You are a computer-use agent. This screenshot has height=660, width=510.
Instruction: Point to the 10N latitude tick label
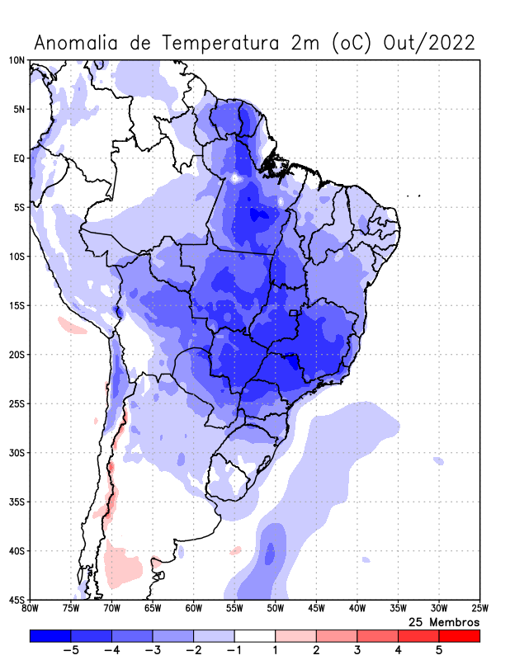17,60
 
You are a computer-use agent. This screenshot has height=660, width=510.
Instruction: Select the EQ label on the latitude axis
18,158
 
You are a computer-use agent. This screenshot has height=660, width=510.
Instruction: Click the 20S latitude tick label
17,355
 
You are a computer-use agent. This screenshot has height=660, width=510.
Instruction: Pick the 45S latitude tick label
17,600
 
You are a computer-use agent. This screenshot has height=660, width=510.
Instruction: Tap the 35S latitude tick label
17,502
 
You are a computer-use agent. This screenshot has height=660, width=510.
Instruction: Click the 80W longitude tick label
30,609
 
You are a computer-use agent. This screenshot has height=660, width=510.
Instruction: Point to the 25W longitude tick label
479,609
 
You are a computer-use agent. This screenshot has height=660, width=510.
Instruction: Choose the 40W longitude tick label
357,609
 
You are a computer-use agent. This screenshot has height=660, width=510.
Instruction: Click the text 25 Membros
444,621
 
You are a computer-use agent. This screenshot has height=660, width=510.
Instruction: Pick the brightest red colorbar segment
459,636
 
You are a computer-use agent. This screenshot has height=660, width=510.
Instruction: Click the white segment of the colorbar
255,636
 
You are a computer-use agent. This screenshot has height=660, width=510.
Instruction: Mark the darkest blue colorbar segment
50,636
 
